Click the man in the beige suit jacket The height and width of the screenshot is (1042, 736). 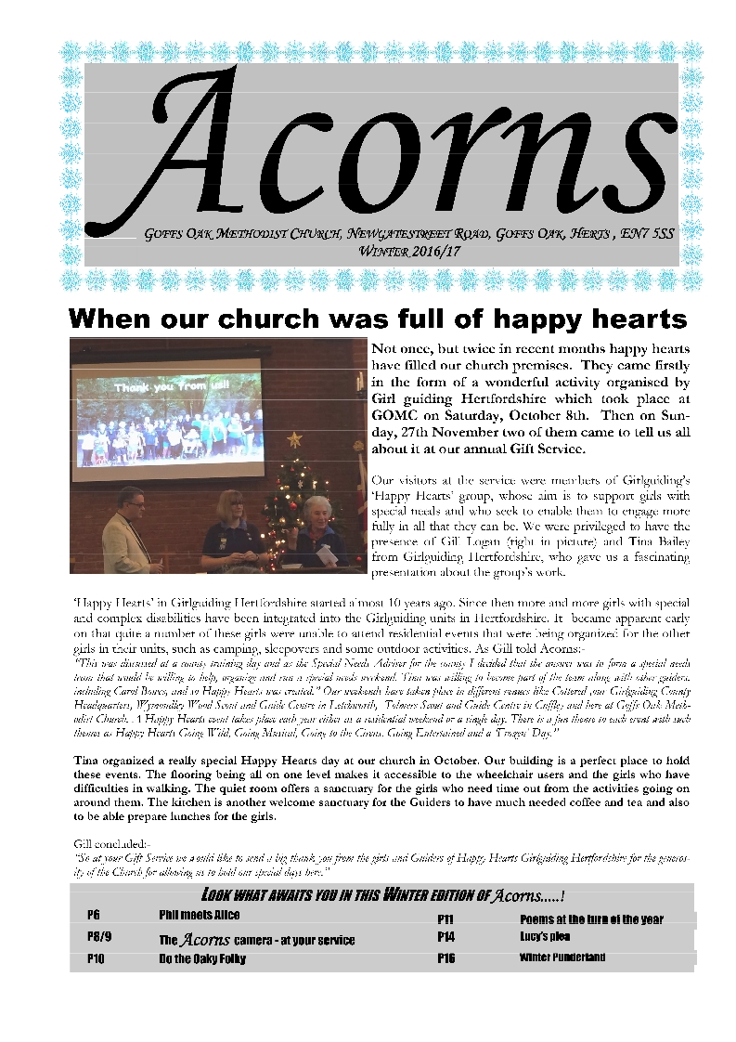coord(127,531)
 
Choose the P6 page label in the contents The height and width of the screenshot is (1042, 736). coord(94,915)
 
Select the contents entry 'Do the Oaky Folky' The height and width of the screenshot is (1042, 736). coord(202,957)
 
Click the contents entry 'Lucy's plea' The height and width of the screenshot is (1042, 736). coord(537,938)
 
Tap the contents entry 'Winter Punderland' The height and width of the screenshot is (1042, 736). coord(562,957)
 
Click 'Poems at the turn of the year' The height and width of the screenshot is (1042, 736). coord(591,919)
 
